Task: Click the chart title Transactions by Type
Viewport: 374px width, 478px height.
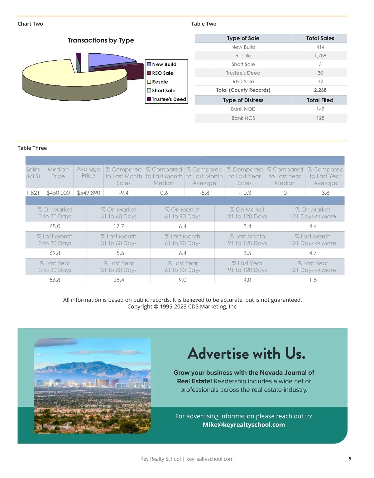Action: [x=101, y=40]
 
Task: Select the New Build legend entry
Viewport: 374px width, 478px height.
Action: [x=164, y=64]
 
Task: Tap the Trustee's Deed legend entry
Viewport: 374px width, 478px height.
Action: [x=169, y=99]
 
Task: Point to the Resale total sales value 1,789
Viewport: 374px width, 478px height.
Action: [x=320, y=55]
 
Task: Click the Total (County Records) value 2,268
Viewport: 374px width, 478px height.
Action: [x=320, y=90]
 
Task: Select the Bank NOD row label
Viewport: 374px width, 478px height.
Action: [x=243, y=109]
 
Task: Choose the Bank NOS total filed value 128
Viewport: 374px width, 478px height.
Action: [x=320, y=118]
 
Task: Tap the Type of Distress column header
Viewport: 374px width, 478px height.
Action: [x=243, y=100]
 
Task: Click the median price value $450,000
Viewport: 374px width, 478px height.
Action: [x=58, y=193]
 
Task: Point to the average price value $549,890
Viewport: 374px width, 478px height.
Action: [x=89, y=193]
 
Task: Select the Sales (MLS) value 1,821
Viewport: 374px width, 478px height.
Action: [x=33, y=193]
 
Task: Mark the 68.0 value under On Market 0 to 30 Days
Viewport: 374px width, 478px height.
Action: [x=55, y=226]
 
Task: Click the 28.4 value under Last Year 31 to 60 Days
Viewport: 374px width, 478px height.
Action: [x=119, y=280]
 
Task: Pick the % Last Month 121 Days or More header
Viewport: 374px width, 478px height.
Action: [x=313, y=240]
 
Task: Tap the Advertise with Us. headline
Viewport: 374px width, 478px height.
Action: [x=246, y=353]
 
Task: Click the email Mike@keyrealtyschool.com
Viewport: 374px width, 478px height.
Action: [x=244, y=425]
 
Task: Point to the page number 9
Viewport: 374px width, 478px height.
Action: [x=350, y=458]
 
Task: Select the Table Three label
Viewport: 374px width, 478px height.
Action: [x=32, y=148]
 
